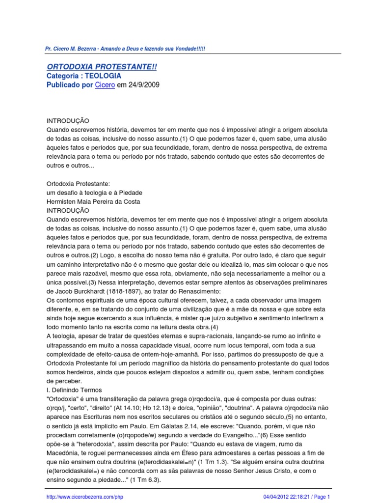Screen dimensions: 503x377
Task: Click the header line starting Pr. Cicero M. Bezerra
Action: pyautogui.click(x=126, y=49)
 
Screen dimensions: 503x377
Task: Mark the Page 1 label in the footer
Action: pyautogui.click(x=322, y=497)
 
